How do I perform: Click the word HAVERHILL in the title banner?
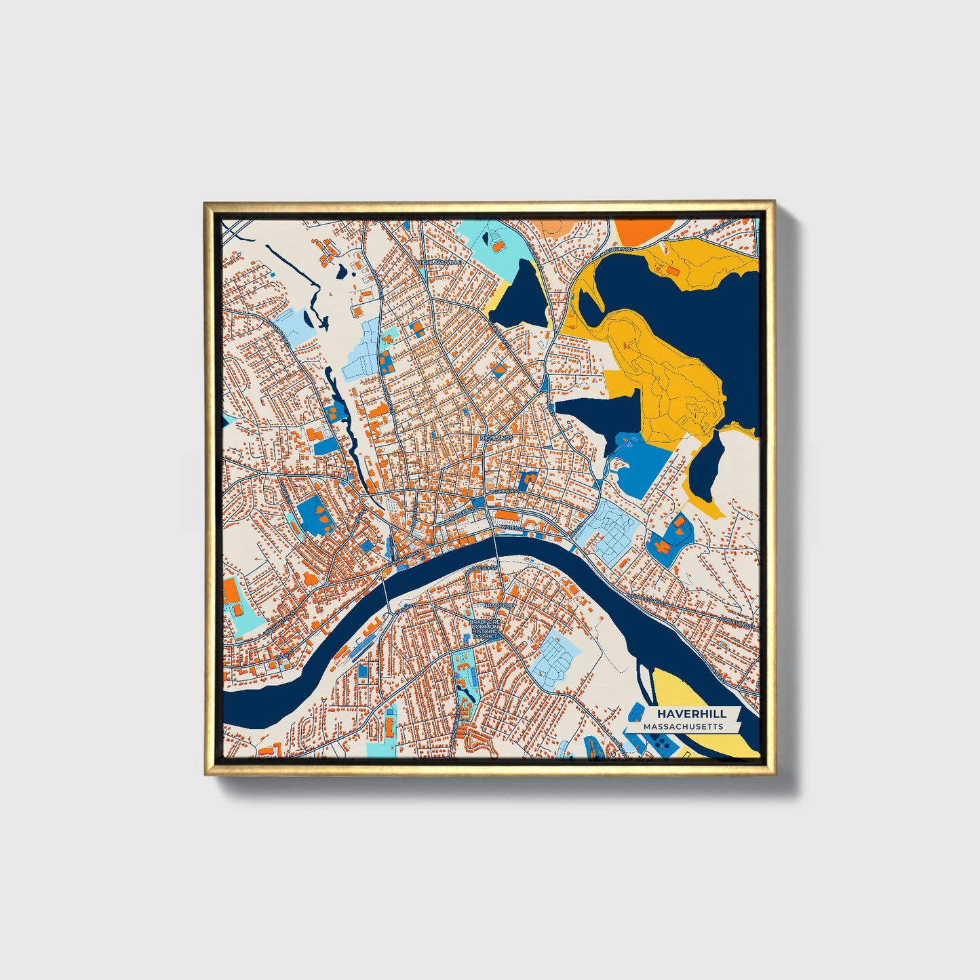coord(691,713)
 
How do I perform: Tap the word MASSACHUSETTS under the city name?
coord(683,726)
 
